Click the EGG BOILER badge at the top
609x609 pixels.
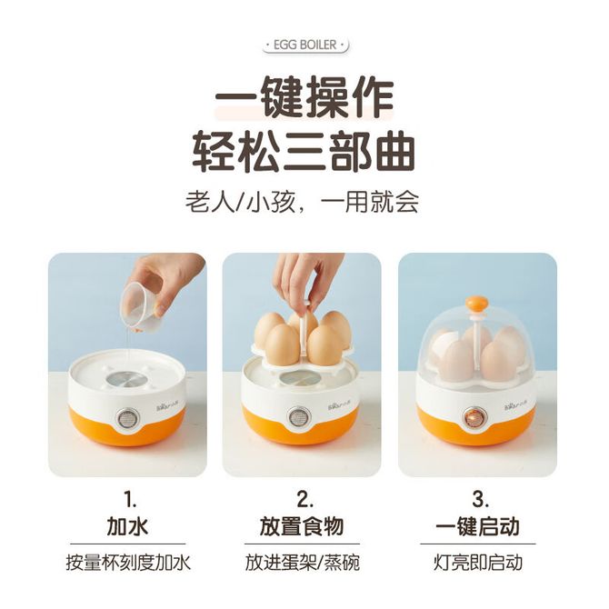[x=305, y=45]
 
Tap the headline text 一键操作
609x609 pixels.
[x=304, y=96]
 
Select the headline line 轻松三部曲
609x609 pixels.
[x=304, y=152]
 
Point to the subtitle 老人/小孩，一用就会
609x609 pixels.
[x=302, y=202]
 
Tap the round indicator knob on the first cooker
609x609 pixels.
[x=126, y=418]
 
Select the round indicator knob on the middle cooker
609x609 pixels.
[x=299, y=418]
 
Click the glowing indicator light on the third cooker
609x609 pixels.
[x=473, y=418]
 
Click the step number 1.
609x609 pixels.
[x=130, y=499]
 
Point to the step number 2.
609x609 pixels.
[x=304, y=499]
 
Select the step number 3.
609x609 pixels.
[x=480, y=499]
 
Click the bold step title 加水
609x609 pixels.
[x=127, y=527]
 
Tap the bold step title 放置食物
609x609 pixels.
[x=302, y=527]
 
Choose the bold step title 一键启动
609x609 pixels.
[x=477, y=527]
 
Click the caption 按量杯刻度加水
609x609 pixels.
[x=128, y=563]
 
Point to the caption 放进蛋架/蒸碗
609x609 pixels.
[x=302, y=563]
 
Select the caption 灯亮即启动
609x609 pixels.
[x=478, y=563]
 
